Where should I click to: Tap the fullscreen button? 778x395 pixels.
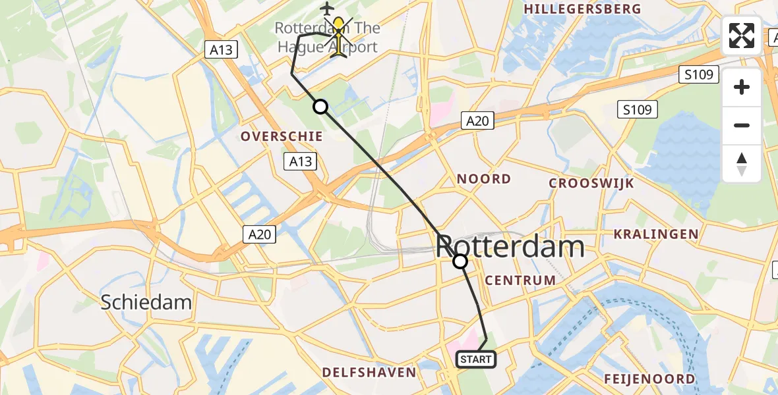click(742, 36)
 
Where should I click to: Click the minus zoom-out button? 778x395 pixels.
click(742, 125)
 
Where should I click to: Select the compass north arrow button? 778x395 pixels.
click(742, 163)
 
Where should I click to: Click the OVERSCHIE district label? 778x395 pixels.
click(282, 136)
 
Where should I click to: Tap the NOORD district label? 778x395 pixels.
click(484, 178)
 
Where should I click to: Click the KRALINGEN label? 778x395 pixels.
click(655, 234)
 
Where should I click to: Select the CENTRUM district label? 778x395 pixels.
click(520, 280)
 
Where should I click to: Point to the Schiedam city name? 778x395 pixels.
click(146, 302)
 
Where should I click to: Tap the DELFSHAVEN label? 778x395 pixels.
click(369, 373)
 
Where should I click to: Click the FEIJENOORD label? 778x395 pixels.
click(649, 379)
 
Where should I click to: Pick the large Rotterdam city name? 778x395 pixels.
click(510, 247)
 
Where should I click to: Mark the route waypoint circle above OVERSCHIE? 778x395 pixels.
click(320, 106)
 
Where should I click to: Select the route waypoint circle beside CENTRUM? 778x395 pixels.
click(460, 262)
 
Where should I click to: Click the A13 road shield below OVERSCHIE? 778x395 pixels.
click(300, 161)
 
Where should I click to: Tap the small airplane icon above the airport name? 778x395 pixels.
click(326, 8)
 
